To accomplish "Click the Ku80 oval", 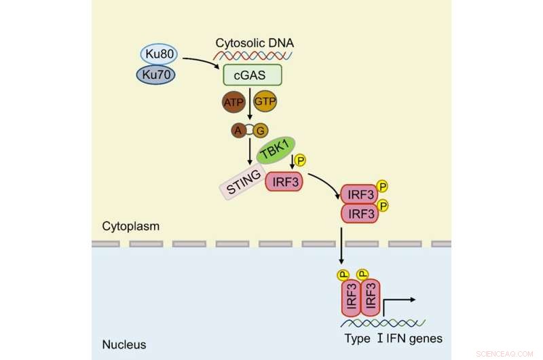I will coord(157,54).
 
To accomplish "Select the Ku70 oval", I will coord(157,74).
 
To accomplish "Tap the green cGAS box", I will coord(252,75).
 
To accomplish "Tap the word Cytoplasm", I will coord(131,226).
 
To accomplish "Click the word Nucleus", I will coord(124,344).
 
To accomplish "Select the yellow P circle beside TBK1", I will coord(301,160).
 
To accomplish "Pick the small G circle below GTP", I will coord(260,129).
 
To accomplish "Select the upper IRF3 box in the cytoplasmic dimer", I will coord(357,195).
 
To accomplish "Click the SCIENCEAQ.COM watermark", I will coord(506,353).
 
